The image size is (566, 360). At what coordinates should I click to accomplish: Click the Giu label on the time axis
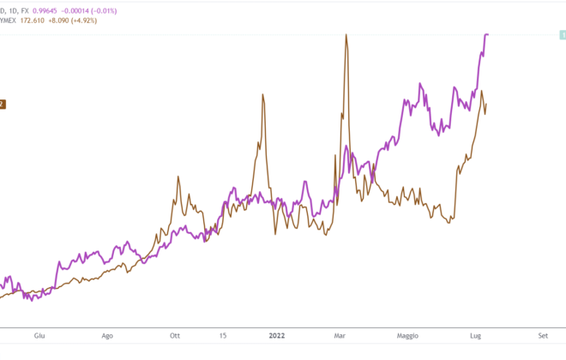pyautogui.click(x=37, y=336)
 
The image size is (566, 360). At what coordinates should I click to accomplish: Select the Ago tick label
pyautogui.click(x=107, y=336)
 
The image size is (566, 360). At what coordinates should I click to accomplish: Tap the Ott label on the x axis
pyautogui.click(x=175, y=336)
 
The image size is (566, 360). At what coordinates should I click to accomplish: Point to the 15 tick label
pyautogui.click(x=222, y=336)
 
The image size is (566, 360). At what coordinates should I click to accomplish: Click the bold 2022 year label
pyautogui.click(x=277, y=336)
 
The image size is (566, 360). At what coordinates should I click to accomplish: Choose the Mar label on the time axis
pyautogui.click(x=340, y=336)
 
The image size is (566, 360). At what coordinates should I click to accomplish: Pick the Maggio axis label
pyautogui.click(x=406, y=336)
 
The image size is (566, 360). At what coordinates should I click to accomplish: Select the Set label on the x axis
pyautogui.click(x=543, y=336)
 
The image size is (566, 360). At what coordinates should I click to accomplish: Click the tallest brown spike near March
pyautogui.click(x=346, y=35)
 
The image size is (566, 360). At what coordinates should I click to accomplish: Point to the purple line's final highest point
pyautogui.click(x=487, y=34)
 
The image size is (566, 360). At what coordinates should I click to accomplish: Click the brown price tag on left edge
pyautogui.click(x=3, y=104)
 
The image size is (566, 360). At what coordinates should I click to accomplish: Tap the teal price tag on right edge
pyautogui.click(x=561, y=33)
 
